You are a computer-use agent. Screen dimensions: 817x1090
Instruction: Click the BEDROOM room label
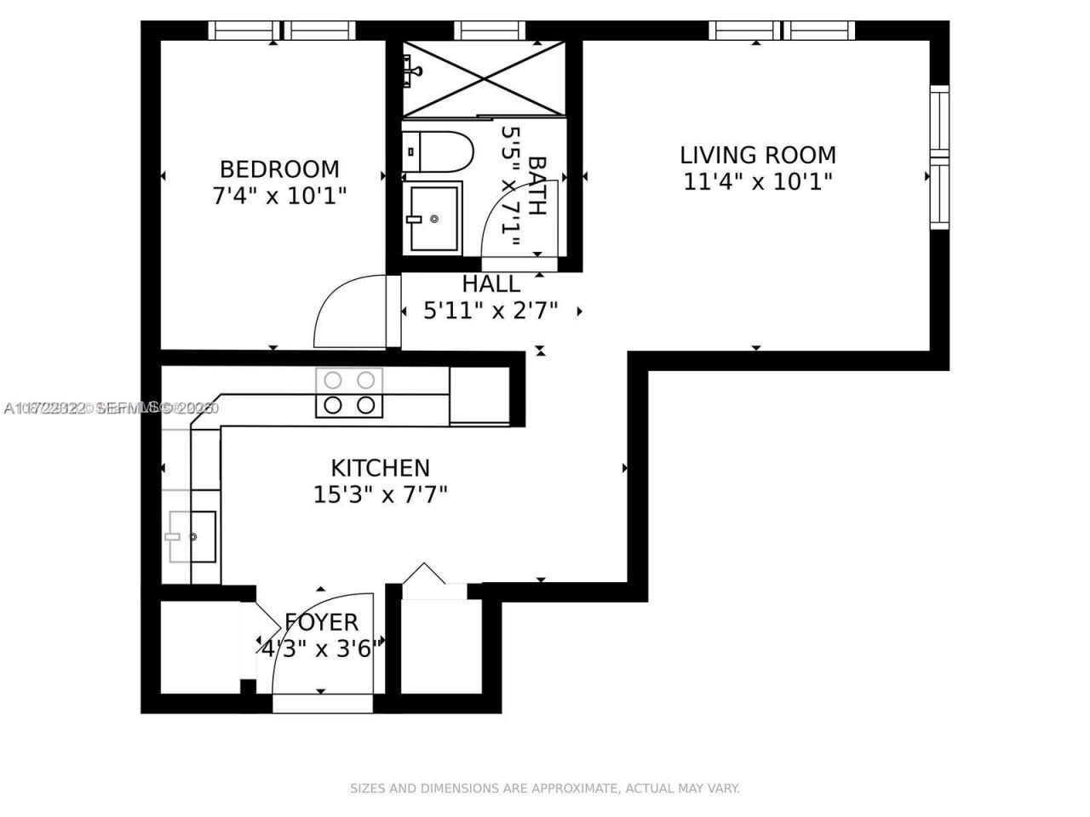279,169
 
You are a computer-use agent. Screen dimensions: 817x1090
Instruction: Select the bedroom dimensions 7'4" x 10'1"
279,196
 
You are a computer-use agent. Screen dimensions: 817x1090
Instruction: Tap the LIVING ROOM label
757,155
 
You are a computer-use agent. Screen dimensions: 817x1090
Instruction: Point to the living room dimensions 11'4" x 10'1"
757,181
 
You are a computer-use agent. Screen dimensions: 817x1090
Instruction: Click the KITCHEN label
380,467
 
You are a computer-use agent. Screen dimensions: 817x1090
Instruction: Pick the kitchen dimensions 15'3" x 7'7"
380,494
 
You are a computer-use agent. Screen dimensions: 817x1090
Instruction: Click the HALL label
490,283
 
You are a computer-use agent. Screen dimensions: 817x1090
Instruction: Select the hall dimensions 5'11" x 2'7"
490,311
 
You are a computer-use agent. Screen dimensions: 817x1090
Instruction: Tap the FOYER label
321,622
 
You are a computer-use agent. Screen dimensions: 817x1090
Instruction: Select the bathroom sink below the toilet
433,219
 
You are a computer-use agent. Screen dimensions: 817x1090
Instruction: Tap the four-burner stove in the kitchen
349,392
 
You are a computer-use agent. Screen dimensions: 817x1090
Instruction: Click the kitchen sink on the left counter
192,537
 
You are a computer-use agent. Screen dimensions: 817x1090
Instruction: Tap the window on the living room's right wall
938,157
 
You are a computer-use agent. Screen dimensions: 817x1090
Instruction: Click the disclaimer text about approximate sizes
545,788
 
